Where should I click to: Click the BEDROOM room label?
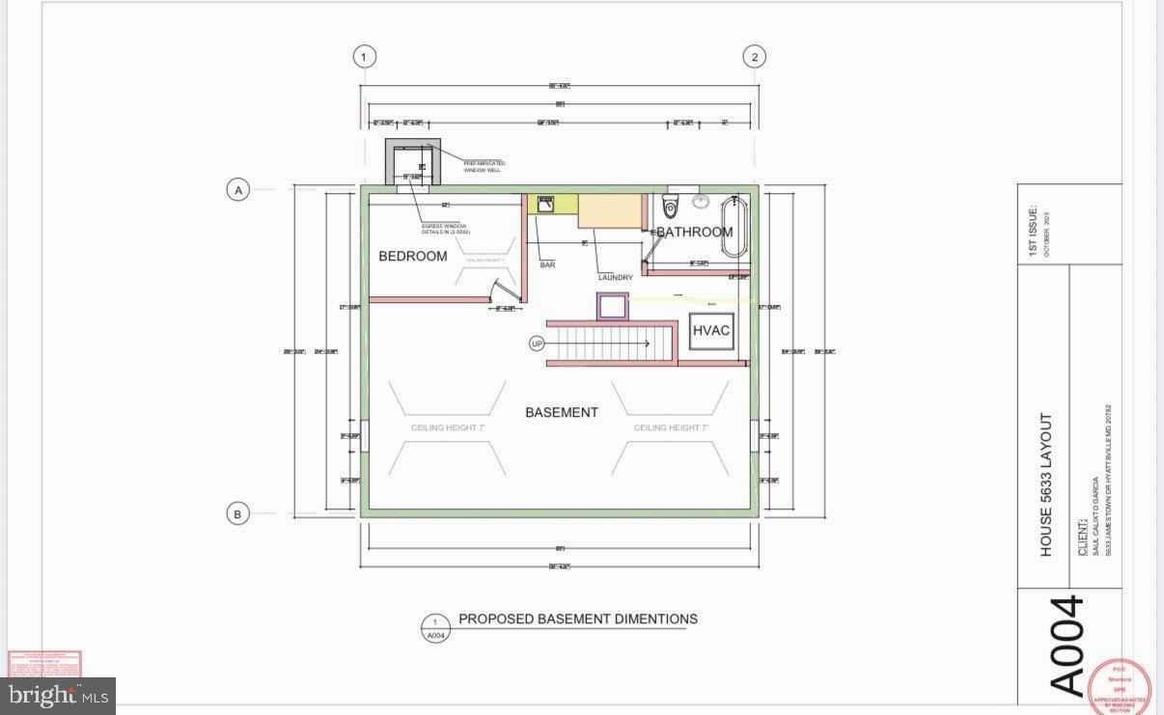[x=412, y=256]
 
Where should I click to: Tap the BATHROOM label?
[x=695, y=232]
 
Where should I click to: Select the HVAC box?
[x=711, y=331]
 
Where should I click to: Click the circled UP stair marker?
[x=538, y=344]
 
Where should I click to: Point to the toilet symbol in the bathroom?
[x=671, y=206]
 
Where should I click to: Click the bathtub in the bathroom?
[x=734, y=227]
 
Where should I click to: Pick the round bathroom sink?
[x=701, y=202]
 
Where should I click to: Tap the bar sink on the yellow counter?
[x=545, y=203]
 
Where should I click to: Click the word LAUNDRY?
[x=615, y=278]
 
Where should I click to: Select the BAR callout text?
[x=547, y=265]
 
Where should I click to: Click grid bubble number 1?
[x=364, y=57]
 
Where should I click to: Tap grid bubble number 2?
[x=755, y=57]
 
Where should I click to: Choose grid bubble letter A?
[x=238, y=190]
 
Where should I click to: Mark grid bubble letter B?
[x=238, y=514]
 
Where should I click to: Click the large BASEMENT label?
[x=562, y=412]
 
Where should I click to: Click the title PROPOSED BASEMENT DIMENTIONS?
[x=577, y=619]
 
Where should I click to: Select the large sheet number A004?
[x=1067, y=646]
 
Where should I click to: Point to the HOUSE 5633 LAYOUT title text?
[x=1045, y=484]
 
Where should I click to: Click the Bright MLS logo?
[x=58, y=696]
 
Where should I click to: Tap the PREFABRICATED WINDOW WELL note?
[x=485, y=167]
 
